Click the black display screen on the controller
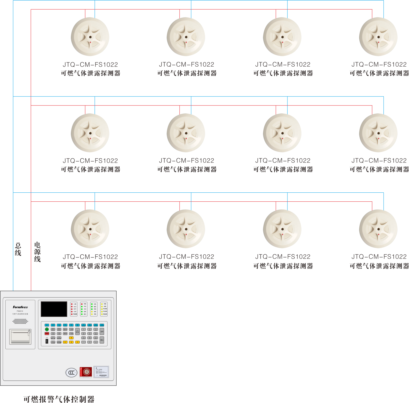pos(54,309)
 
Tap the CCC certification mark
pos(71,372)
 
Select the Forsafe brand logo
pos(20,307)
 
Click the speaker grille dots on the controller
pos(20,321)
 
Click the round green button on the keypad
pos(47,329)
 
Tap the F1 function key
pos(47,325)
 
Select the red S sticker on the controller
pos(86,372)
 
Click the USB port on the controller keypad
pos(47,341)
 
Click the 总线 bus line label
pos(18,249)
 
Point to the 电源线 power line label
pos(38,252)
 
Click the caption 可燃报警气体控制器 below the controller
pos(59,399)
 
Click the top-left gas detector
pos(90,37)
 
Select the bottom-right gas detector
pos(378,229)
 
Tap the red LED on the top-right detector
pos(379,42)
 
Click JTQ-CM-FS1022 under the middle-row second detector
pos(187,161)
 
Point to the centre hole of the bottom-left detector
pos(90,229)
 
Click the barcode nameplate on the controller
pos(101,372)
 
